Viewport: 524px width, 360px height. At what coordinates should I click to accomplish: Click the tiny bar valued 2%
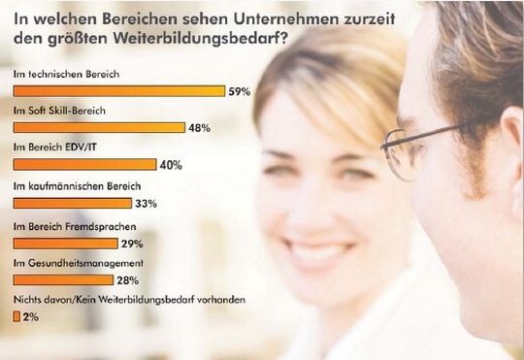click(x=16, y=316)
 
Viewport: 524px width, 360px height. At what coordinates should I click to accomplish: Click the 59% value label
click(x=238, y=90)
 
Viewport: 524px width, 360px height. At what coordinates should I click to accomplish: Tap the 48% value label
click(x=200, y=127)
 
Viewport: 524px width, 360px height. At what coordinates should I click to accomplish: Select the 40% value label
click(x=171, y=165)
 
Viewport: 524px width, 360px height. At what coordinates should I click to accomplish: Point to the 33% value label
click(x=146, y=203)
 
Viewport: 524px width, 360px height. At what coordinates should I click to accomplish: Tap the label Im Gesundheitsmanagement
click(x=79, y=263)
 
